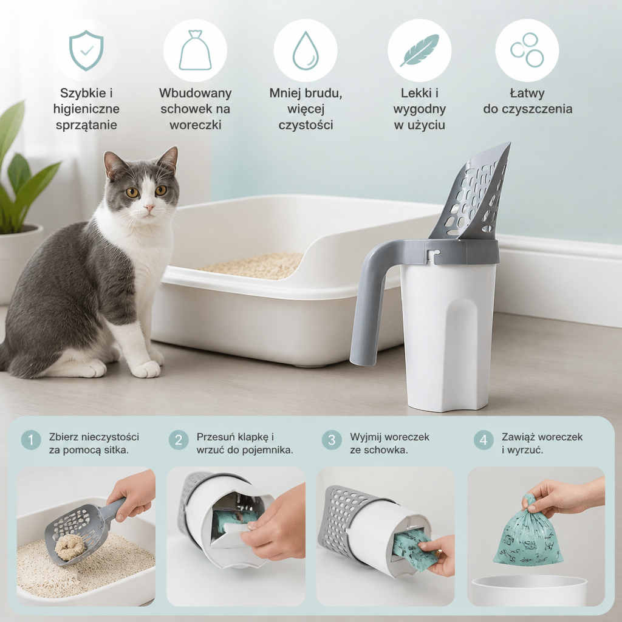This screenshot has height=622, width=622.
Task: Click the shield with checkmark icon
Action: (86, 51)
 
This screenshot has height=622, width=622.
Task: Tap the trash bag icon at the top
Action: (195, 50)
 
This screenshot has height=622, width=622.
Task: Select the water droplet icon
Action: (306, 50)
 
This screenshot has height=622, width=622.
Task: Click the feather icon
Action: (419, 50)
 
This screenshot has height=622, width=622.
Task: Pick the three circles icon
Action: (527, 50)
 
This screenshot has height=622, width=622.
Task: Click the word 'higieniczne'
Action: (86, 109)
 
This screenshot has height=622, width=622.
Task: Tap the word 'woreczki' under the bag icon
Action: (195, 125)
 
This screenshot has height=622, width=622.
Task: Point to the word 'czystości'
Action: (306, 125)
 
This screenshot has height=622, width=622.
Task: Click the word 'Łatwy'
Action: (527, 93)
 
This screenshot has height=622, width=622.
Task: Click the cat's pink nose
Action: (149, 207)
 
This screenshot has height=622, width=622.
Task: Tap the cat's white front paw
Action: (146, 369)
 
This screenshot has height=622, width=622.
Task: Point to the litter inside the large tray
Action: (254, 265)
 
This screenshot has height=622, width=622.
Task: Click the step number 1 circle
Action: (31, 440)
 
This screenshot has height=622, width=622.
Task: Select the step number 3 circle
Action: (332, 440)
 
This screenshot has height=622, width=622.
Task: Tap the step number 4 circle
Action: (484, 440)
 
